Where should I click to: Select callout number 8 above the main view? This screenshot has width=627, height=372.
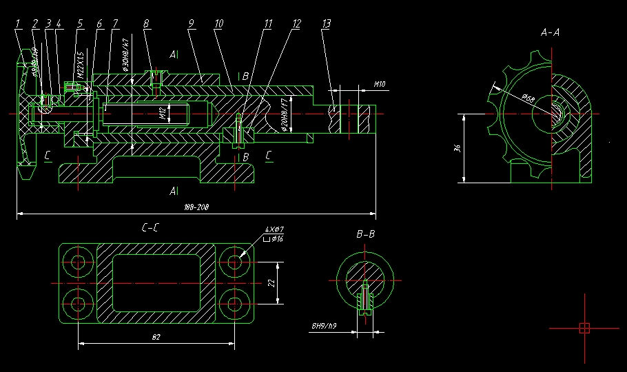pyautogui.click(x=147, y=23)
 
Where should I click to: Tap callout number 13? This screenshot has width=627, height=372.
pyautogui.click(x=326, y=23)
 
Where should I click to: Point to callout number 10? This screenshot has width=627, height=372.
pyautogui.click(x=218, y=23)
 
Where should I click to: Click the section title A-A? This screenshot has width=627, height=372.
pyautogui.click(x=550, y=32)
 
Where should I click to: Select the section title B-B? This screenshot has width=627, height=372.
pyautogui.click(x=365, y=235)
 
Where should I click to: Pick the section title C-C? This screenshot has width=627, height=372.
pyautogui.click(x=151, y=225)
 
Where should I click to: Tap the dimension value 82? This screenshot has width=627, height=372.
pyautogui.click(x=156, y=337)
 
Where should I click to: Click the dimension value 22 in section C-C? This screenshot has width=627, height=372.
pyautogui.click(x=272, y=282)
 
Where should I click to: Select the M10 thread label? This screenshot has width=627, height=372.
pyautogui.click(x=379, y=84)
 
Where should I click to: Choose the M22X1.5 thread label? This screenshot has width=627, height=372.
pyautogui.click(x=81, y=63)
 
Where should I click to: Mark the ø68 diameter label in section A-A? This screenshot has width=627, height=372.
pyautogui.click(x=528, y=99)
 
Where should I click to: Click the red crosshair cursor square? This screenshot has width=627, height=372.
pyautogui.click(x=584, y=328)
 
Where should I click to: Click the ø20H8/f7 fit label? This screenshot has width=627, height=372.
pyautogui.click(x=284, y=114)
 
